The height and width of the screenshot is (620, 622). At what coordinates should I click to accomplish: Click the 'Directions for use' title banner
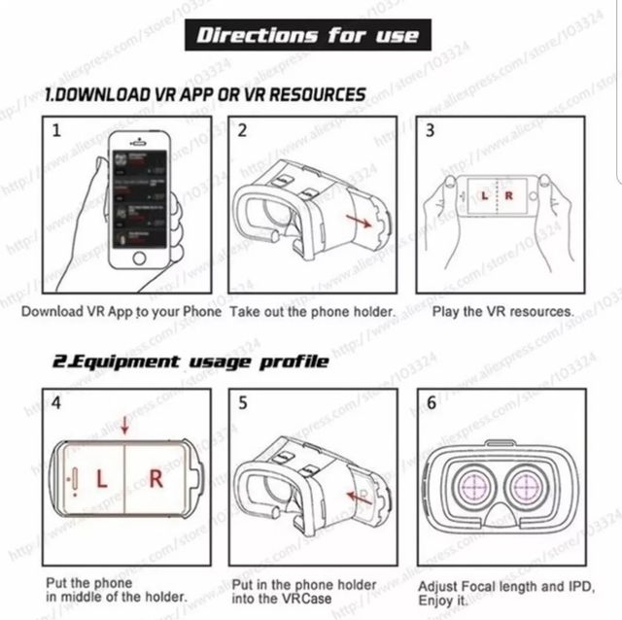308,36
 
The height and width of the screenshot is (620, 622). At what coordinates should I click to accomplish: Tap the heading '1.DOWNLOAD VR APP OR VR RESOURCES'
205,95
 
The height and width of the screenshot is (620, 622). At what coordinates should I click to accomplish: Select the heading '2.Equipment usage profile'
190,362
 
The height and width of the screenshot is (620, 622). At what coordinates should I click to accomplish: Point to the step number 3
430,131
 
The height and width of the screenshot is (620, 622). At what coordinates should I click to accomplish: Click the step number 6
431,402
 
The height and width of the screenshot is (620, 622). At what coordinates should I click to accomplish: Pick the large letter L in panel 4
101,478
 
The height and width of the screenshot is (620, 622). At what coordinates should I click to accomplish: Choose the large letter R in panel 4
156,478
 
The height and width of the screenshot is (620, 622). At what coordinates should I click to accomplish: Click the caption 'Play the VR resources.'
501,312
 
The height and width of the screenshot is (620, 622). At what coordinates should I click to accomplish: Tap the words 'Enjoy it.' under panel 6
444,603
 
